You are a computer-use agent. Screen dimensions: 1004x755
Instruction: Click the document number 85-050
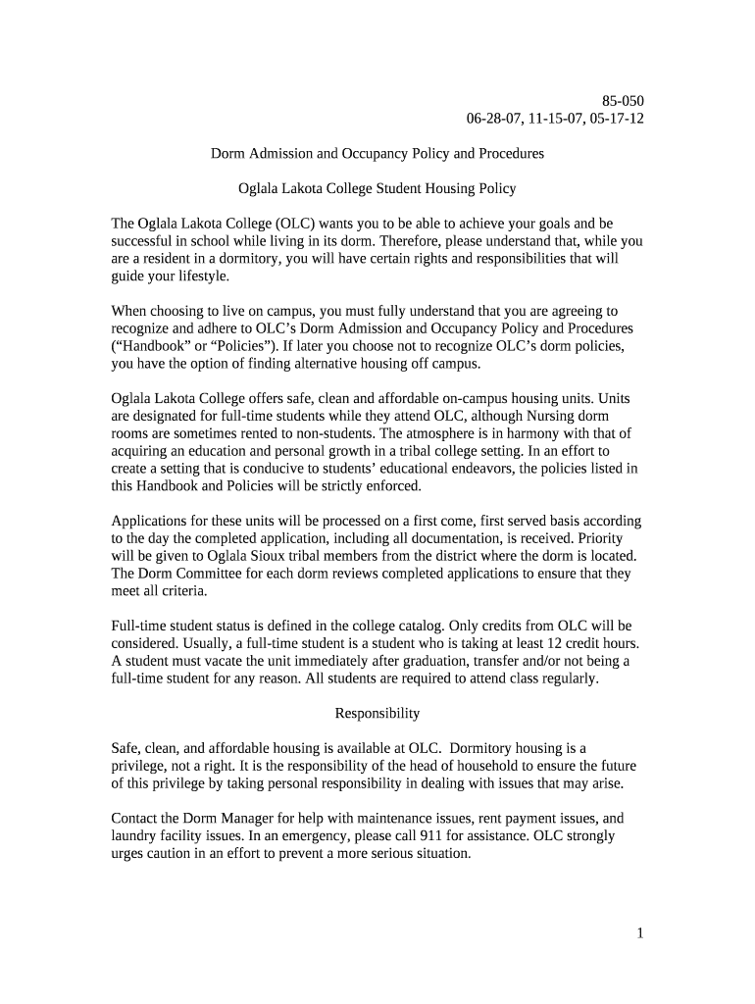tap(623, 101)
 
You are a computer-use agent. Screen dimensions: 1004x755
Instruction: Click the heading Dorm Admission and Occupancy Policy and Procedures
tap(377, 154)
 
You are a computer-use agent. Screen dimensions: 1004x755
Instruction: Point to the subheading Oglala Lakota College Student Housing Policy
tap(377, 188)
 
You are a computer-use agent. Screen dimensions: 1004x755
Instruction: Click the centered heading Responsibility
tap(377, 714)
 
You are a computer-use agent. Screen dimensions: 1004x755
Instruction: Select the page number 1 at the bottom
tap(639, 933)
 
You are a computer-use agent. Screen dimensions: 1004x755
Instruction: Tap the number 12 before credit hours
tap(549, 643)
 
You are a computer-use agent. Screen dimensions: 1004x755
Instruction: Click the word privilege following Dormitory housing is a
tap(143, 766)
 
